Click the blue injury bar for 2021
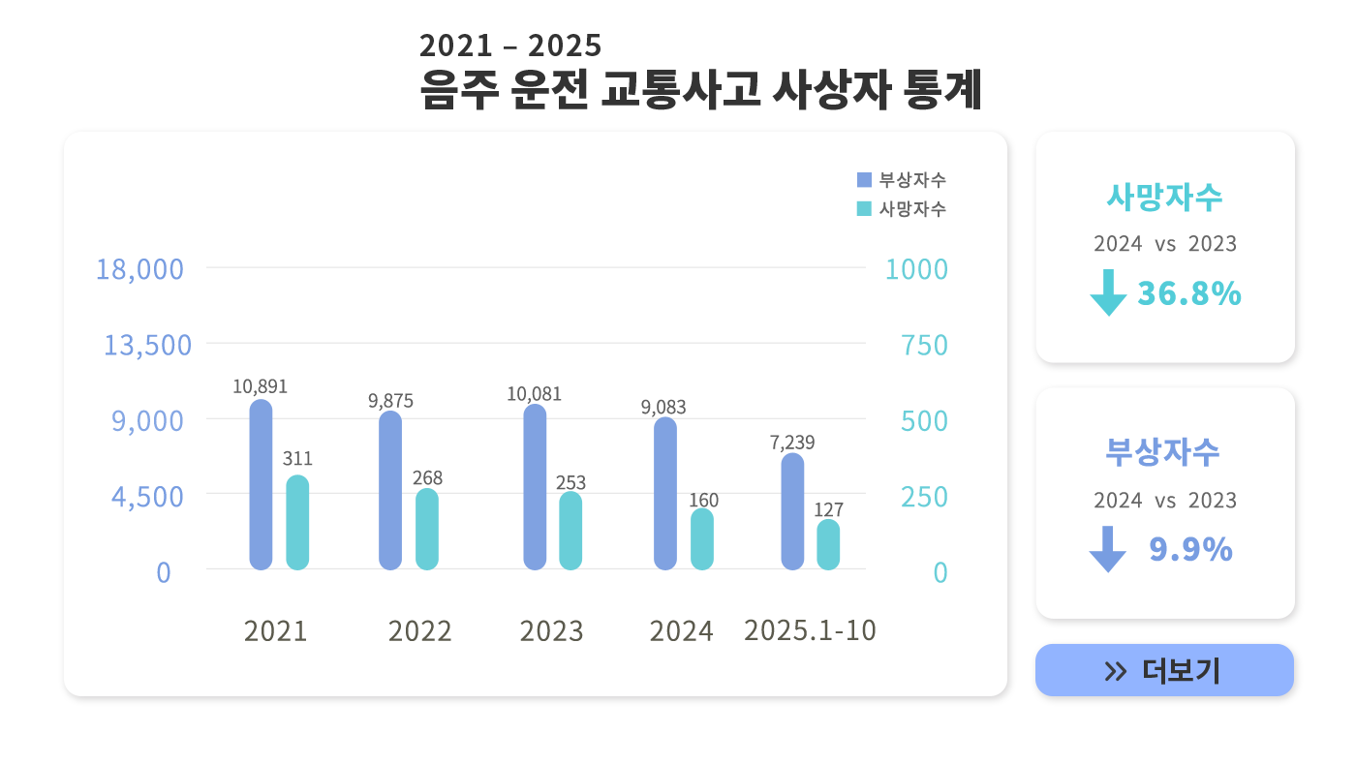(261, 484)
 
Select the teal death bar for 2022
(427, 529)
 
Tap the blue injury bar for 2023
(535, 487)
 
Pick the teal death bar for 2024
(702, 538)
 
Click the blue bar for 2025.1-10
(792, 511)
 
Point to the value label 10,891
(260, 386)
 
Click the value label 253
(570, 483)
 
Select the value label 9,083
(663, 408)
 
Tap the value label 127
(828, 509)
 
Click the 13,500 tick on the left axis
(147, 345)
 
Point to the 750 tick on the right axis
(924, 345)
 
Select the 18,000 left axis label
(139, 269)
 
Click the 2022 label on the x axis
(419, 631)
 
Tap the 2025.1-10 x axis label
(810, 630)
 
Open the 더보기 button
(1164, 670)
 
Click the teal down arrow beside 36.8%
(1108, 292)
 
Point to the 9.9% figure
(1190, 550)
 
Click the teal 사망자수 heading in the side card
(1164, 197)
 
